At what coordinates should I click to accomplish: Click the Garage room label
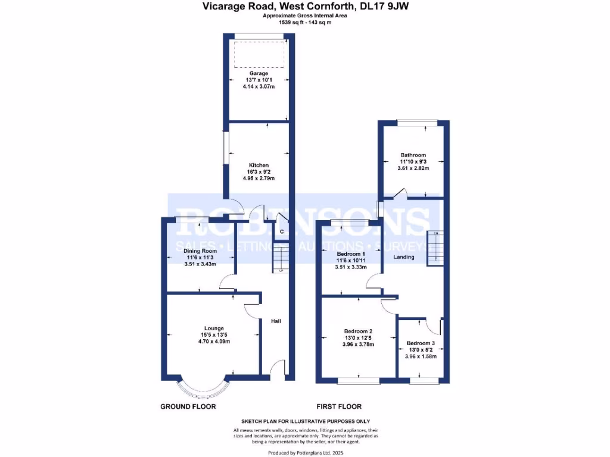click(x=259, y=73)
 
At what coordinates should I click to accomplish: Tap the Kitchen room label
click(x=259, y=165)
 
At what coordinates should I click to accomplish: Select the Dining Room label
click(x=200, y=251)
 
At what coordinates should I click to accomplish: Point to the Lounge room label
click(x=214, y=328)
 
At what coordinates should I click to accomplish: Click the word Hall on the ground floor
click(x=276, y=321)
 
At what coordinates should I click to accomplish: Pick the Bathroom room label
click(x=413, y=155)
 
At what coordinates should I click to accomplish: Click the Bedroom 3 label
click(x=421, y=343)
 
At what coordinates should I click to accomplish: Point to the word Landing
click(x=404, y=257)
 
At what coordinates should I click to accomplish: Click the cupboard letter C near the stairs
click(x=281, y=231)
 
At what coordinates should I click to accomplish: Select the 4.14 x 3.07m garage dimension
click(x=259, y=87)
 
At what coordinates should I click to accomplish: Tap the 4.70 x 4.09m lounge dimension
click(x=214, y=342)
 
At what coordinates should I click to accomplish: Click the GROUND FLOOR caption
click(x=188, y=406)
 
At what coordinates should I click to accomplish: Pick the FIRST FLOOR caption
click(x=338, y=406)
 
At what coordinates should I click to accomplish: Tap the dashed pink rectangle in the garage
click(x=259, y=54)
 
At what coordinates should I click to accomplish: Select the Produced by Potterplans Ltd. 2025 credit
click(x=304, y=453)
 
